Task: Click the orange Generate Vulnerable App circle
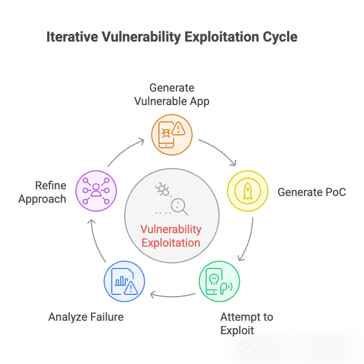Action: click(x=172, y=135)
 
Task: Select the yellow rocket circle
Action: click(x=248, y=192)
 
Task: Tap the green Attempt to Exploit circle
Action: click(x=219, y=281)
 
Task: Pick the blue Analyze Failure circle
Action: click(x=124, y=281)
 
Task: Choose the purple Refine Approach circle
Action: click(x=95, y=192)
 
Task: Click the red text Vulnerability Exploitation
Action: click(x=171, y=236)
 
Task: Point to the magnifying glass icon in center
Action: click(x=179, y=206)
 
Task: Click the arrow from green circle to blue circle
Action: click(x=171, y=294)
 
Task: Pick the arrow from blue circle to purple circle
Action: click(x=97, y=239)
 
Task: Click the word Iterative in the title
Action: click(x=72, y=38)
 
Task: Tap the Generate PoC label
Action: click(x=312, y=192)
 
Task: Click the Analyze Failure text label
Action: click(x=86, y=317)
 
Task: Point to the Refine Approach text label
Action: click(x=43, y=192)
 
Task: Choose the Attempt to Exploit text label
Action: click(x=246, y=323)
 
